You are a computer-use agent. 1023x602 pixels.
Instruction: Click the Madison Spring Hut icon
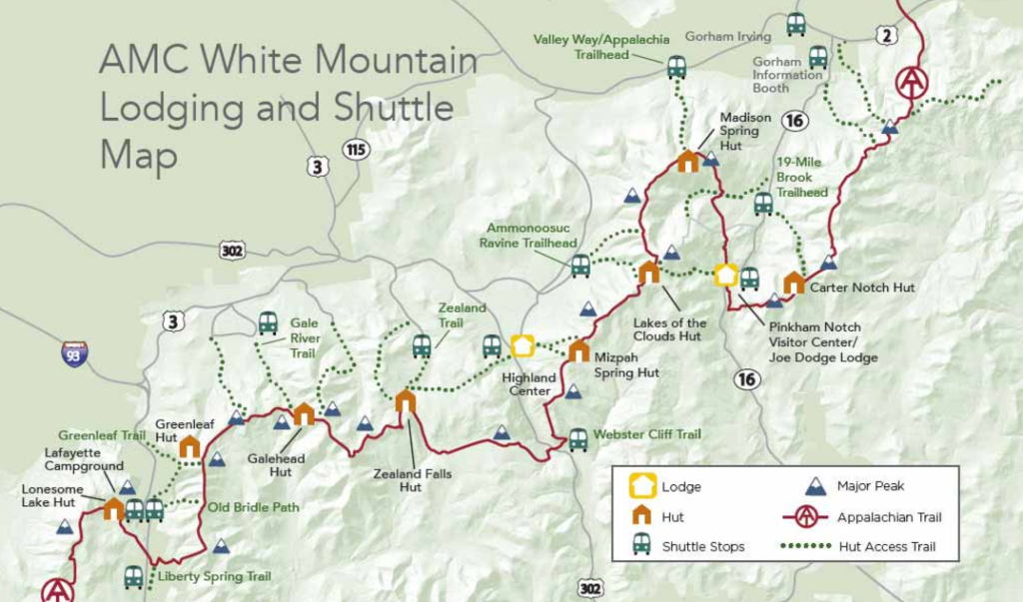tap(687, 161)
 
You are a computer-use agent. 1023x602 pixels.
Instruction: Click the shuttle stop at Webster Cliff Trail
tap(578, 439)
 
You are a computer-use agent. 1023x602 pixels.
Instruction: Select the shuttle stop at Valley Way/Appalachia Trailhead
tap(676, 67)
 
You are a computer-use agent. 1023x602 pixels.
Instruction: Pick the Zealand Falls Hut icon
tap(405, 401)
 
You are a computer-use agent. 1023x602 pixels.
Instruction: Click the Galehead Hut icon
tap(304, 413)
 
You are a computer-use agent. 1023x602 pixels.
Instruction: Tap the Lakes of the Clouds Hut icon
tap(649, 272)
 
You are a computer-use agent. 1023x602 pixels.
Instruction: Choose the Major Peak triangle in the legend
tap(816, 486)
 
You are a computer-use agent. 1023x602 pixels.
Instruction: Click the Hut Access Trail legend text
tap(888, 546)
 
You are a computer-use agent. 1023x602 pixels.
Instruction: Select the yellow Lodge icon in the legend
tap(642, 487)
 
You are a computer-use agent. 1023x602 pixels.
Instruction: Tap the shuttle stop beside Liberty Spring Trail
tap(133, 576)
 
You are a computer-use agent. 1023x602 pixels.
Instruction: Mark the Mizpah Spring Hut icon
tap(578, 350)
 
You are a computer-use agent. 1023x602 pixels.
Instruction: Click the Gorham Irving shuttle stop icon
tap(796, 24)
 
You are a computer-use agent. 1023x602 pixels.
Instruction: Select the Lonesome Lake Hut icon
tap(113, 509)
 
